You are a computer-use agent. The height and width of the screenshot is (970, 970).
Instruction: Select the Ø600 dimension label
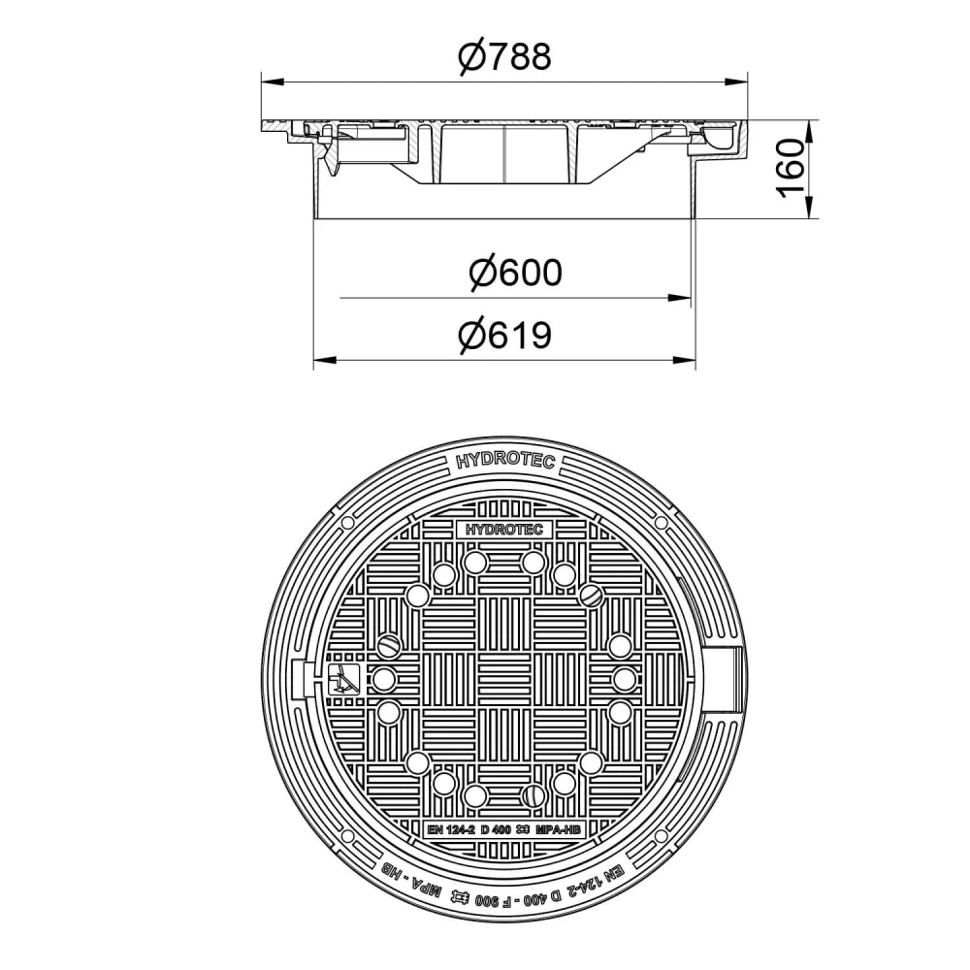pos(514,274)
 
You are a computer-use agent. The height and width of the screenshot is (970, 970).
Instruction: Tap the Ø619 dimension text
pos(503,336)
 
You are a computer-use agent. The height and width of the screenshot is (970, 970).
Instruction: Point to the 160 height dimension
pos(792,168)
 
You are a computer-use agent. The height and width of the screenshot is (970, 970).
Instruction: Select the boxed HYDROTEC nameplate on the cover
pos(504,530)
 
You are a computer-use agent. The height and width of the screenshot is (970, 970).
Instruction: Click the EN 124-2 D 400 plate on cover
pos(504,829)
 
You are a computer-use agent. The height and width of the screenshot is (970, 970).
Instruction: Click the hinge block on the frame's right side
pos(729,670)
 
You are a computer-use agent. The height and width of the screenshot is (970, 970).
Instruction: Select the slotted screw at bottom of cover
pos(531,795)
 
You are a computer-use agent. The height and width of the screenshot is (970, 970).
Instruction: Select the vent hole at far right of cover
pos(625,677)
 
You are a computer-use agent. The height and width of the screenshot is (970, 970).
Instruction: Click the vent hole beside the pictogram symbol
pos(384,677)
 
